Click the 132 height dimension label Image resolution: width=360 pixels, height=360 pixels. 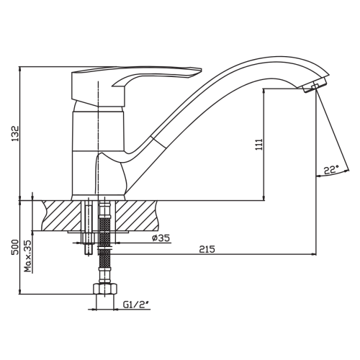(15, 133)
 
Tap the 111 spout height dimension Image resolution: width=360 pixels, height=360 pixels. (259, 145)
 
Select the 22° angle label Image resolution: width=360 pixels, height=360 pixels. (331, 170)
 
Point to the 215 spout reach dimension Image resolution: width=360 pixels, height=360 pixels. (207, 249)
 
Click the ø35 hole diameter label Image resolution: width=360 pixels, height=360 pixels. (161, 238)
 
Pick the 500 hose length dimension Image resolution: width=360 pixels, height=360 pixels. (15, 247)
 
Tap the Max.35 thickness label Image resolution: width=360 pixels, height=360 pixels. (28, 256)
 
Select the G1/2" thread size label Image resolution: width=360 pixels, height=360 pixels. (136, 305)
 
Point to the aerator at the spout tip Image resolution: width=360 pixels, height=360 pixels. (314, 85)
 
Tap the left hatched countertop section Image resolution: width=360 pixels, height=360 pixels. (61, 215)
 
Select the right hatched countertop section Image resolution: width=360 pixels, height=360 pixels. (137, 215)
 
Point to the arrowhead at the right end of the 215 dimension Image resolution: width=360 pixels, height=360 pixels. (314, 254)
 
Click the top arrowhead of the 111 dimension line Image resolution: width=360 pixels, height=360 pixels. (264, 91)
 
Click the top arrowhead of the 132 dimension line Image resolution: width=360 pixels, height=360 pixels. (20, 69)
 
